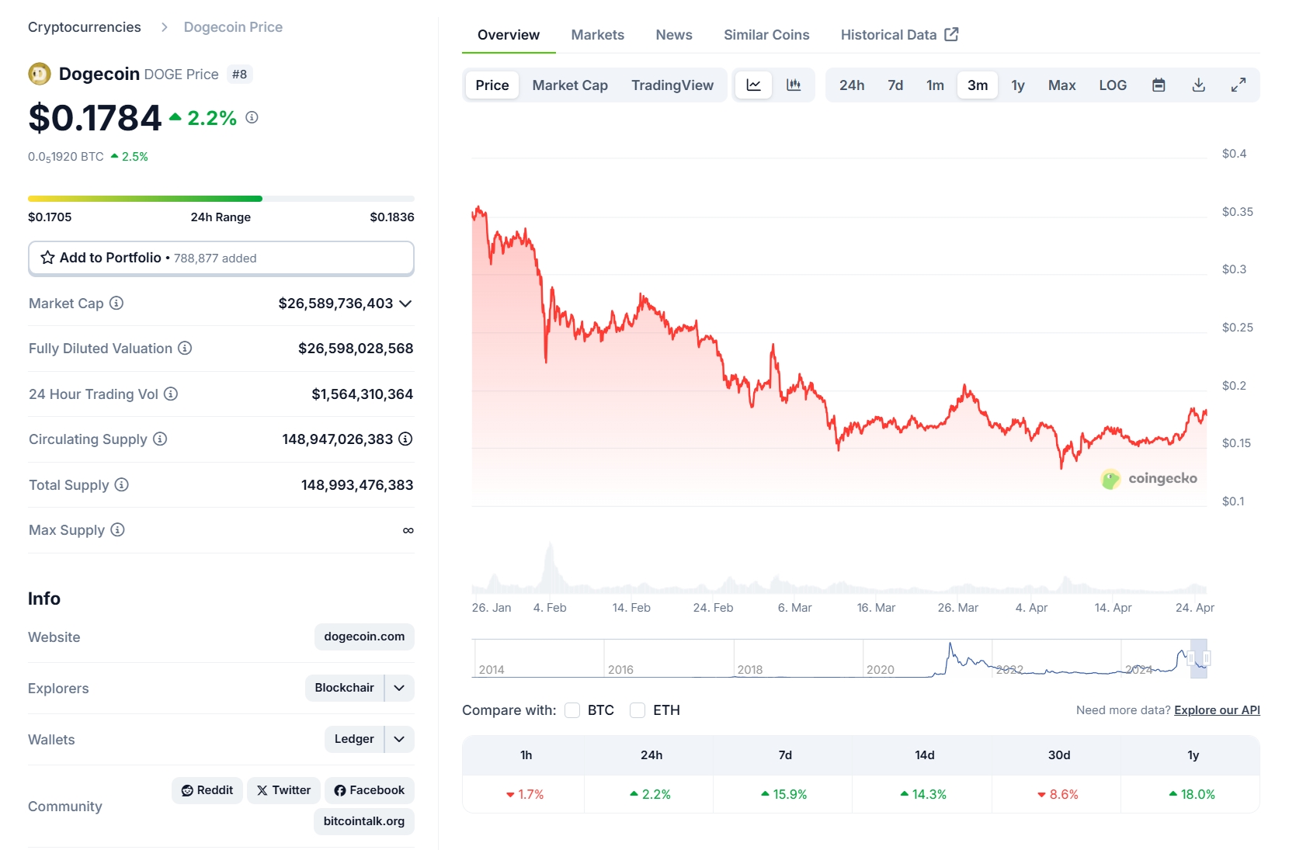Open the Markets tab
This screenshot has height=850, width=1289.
click(597, 35)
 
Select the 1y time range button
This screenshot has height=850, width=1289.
click(1017, 85)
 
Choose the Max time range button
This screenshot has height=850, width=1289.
click(1061, 85)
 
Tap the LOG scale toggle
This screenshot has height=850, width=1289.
click(1112, 85)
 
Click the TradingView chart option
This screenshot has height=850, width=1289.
click(672, 85)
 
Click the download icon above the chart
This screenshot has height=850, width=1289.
click(1198, 85)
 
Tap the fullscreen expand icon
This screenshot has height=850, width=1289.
click(1239, 85)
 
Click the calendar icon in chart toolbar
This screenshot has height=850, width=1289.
click(1159, 85)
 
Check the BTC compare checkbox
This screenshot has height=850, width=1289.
click(573, 710)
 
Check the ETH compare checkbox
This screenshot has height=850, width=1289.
click(638, 710)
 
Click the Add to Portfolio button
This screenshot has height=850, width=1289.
click(221, 258)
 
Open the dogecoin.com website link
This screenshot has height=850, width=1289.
click(364, 637)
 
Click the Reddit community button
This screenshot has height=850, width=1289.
click(207, 790)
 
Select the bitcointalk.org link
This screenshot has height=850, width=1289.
click(363, 821)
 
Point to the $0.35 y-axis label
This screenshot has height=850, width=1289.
click(1237, 212)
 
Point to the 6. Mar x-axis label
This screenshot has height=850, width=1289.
click(794, 608)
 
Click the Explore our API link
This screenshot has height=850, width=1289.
click(1217, 710)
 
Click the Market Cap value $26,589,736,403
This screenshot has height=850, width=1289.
click(335, 304)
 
